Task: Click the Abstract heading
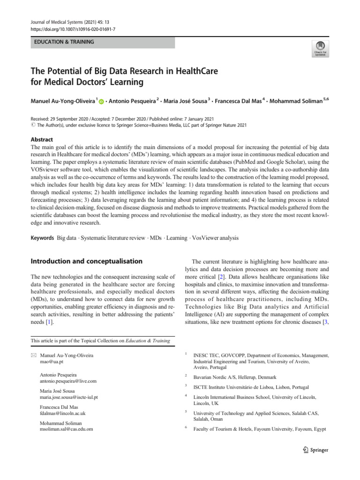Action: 42,139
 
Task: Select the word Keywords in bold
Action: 42,238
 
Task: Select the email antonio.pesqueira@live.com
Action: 69,381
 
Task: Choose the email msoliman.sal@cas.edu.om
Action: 67,429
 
